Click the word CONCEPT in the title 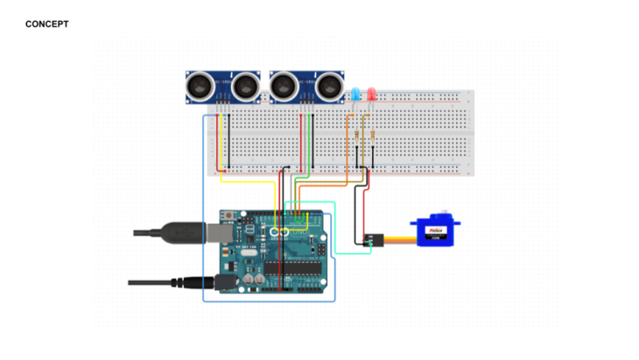click(x=47, y=24)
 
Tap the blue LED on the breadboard click(x=356, y=94)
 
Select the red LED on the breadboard click(x=371, y=94)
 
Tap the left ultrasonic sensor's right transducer click(x=246, y=86)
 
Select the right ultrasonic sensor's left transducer click(x=284, y=86)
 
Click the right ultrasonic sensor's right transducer click(x=329, y=86)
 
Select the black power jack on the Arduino click(x=225, y=282)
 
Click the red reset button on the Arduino click(x=228, y=215)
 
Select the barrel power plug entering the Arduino click(x=197, y=282)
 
